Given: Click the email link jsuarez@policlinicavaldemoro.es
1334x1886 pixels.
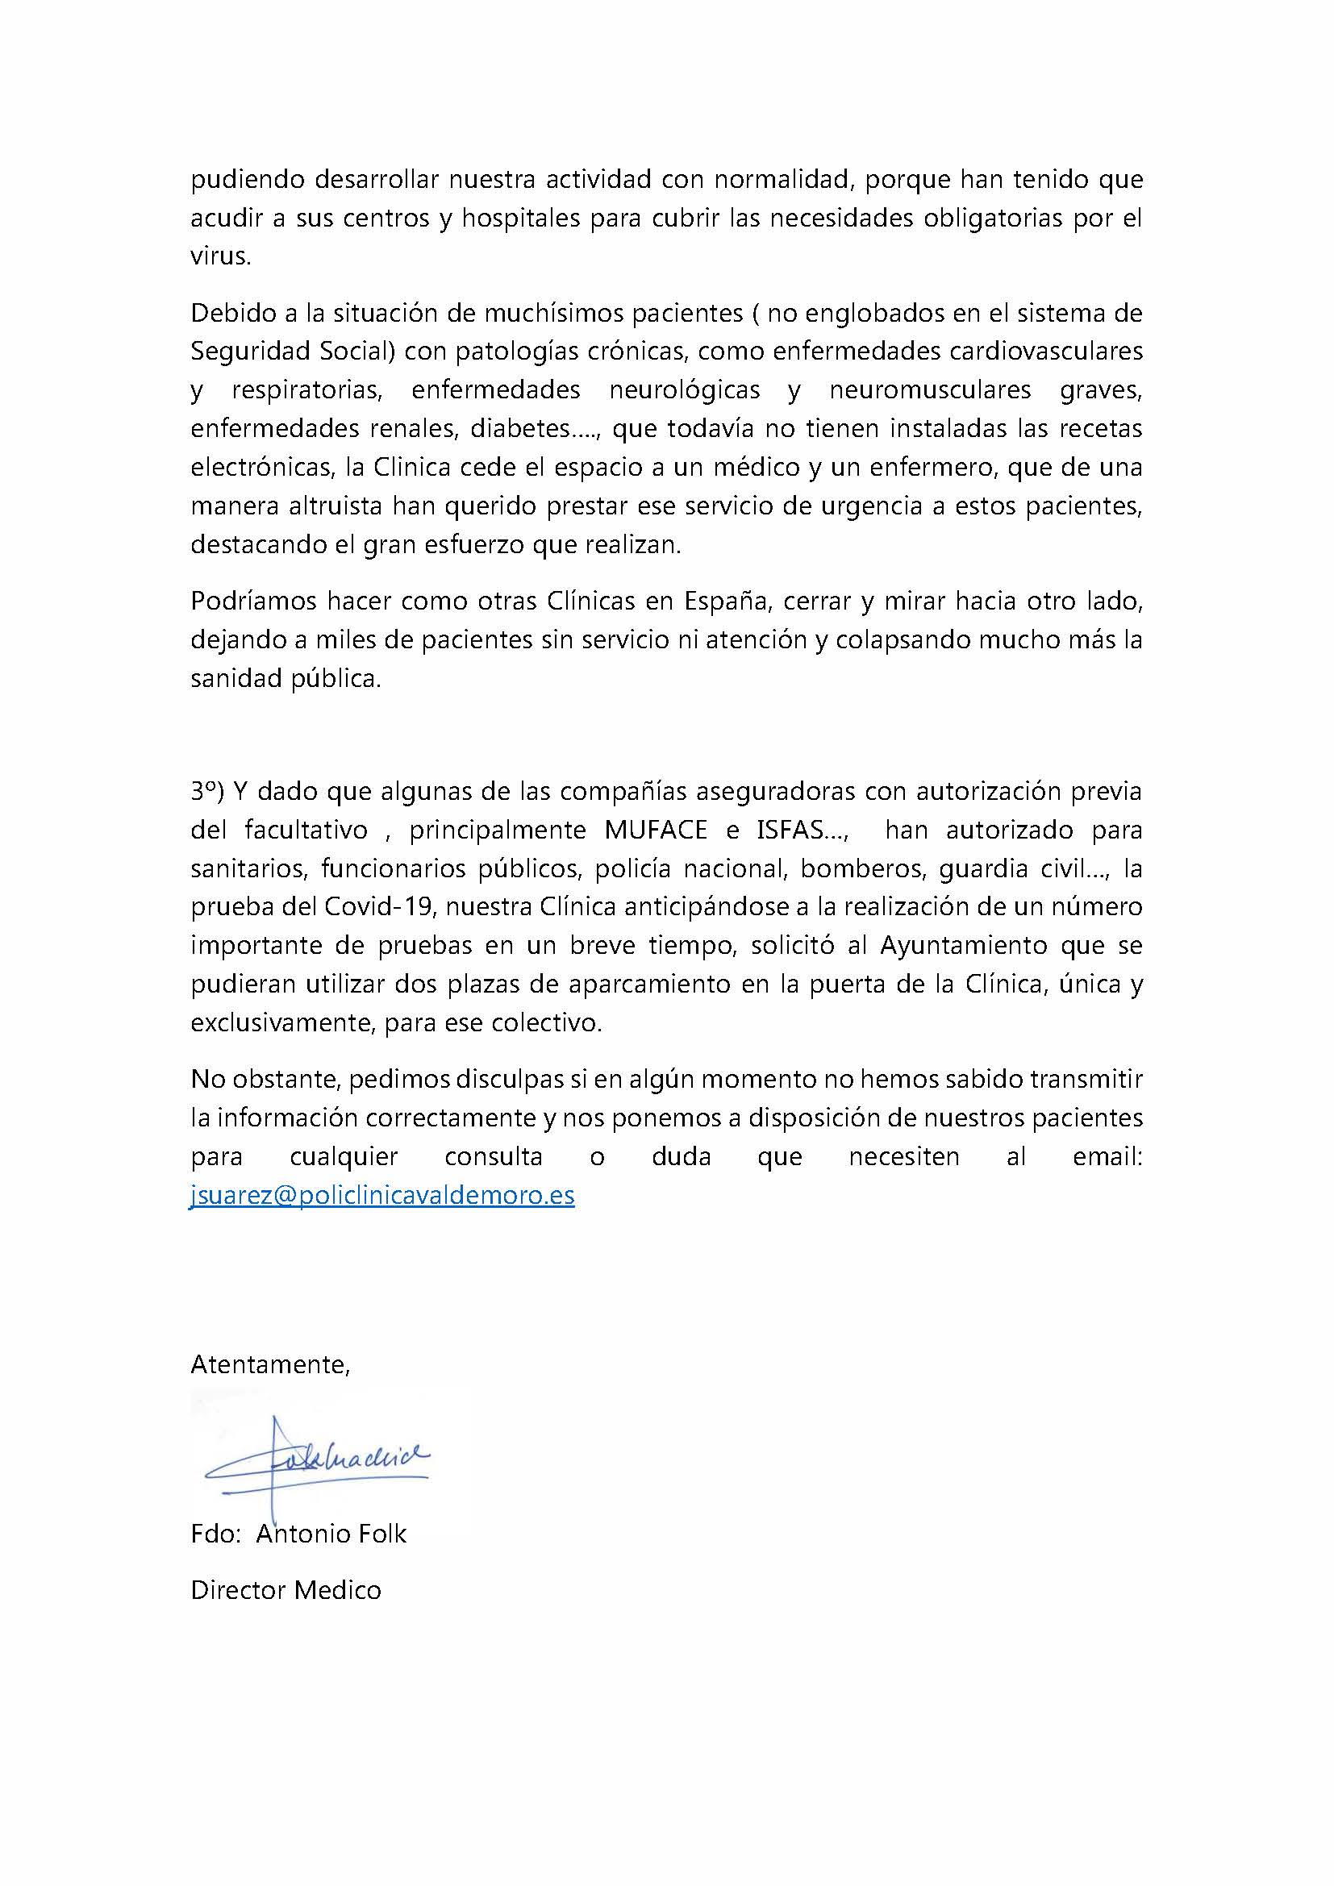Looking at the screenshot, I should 382,1194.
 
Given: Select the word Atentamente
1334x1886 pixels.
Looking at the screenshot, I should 269,1364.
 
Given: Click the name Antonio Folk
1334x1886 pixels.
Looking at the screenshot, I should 331,1534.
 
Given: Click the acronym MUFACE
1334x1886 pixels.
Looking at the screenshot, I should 656,830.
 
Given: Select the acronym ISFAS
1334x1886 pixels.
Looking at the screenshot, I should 790,830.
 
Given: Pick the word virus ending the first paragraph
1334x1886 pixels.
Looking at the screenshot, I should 218,256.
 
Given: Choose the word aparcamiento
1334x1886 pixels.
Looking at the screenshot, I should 652,984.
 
